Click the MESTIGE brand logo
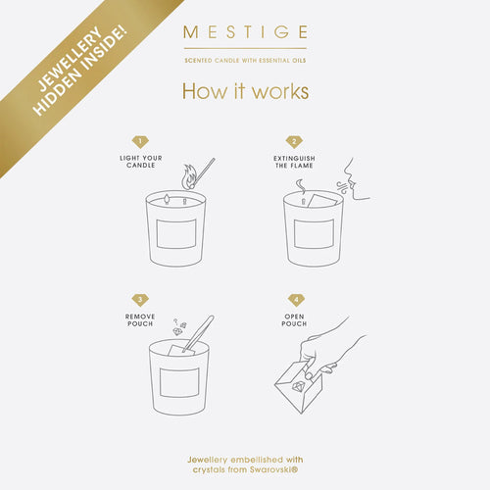245,32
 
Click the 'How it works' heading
245,91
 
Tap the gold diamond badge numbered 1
140,142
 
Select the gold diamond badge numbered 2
294,142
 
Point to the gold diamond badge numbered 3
140,300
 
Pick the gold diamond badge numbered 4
296,300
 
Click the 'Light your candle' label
141,162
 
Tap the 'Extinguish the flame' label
294,162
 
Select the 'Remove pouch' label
140,320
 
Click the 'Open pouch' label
294,320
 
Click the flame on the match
189,176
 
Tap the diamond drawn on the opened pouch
298,387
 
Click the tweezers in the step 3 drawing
199,333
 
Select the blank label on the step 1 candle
176,234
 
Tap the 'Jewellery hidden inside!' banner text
80,71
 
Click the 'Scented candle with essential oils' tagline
245,61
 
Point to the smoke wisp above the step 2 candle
301,187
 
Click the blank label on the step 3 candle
179,382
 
